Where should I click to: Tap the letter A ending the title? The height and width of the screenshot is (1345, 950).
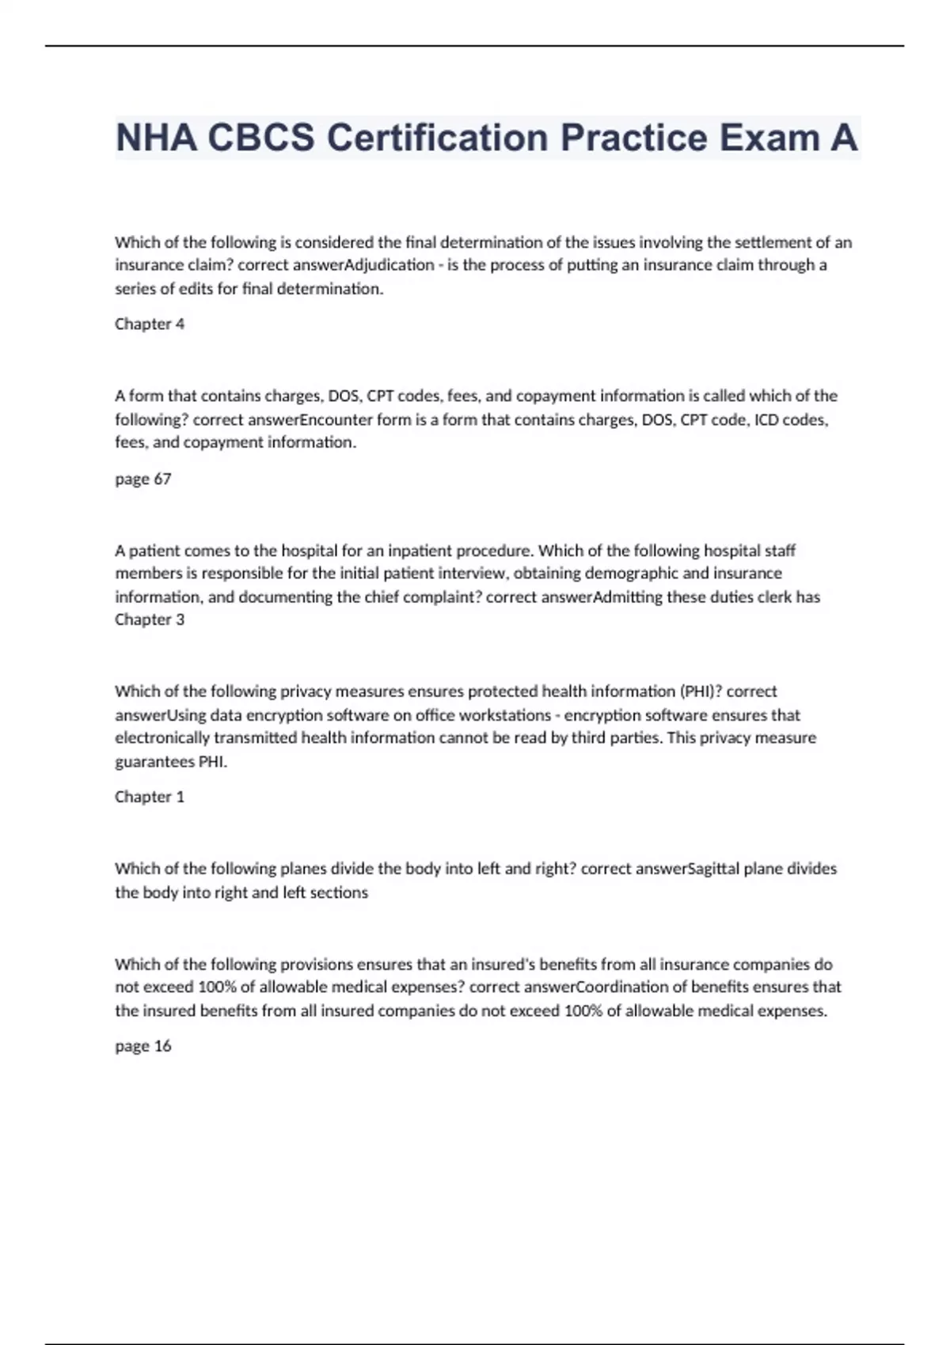point(843,138)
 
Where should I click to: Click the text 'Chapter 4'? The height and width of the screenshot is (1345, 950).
point(150,324)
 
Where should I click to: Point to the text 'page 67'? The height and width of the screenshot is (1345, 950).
point(143,479)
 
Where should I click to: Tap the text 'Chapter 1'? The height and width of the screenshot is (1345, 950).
point(150,797)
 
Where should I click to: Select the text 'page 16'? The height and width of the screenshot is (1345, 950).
point(143,1046)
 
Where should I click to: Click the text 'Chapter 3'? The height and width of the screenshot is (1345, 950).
point(150,619)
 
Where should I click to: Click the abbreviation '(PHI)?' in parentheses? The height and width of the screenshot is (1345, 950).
point(701,691)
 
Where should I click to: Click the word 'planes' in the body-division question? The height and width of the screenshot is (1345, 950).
point(302,869)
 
